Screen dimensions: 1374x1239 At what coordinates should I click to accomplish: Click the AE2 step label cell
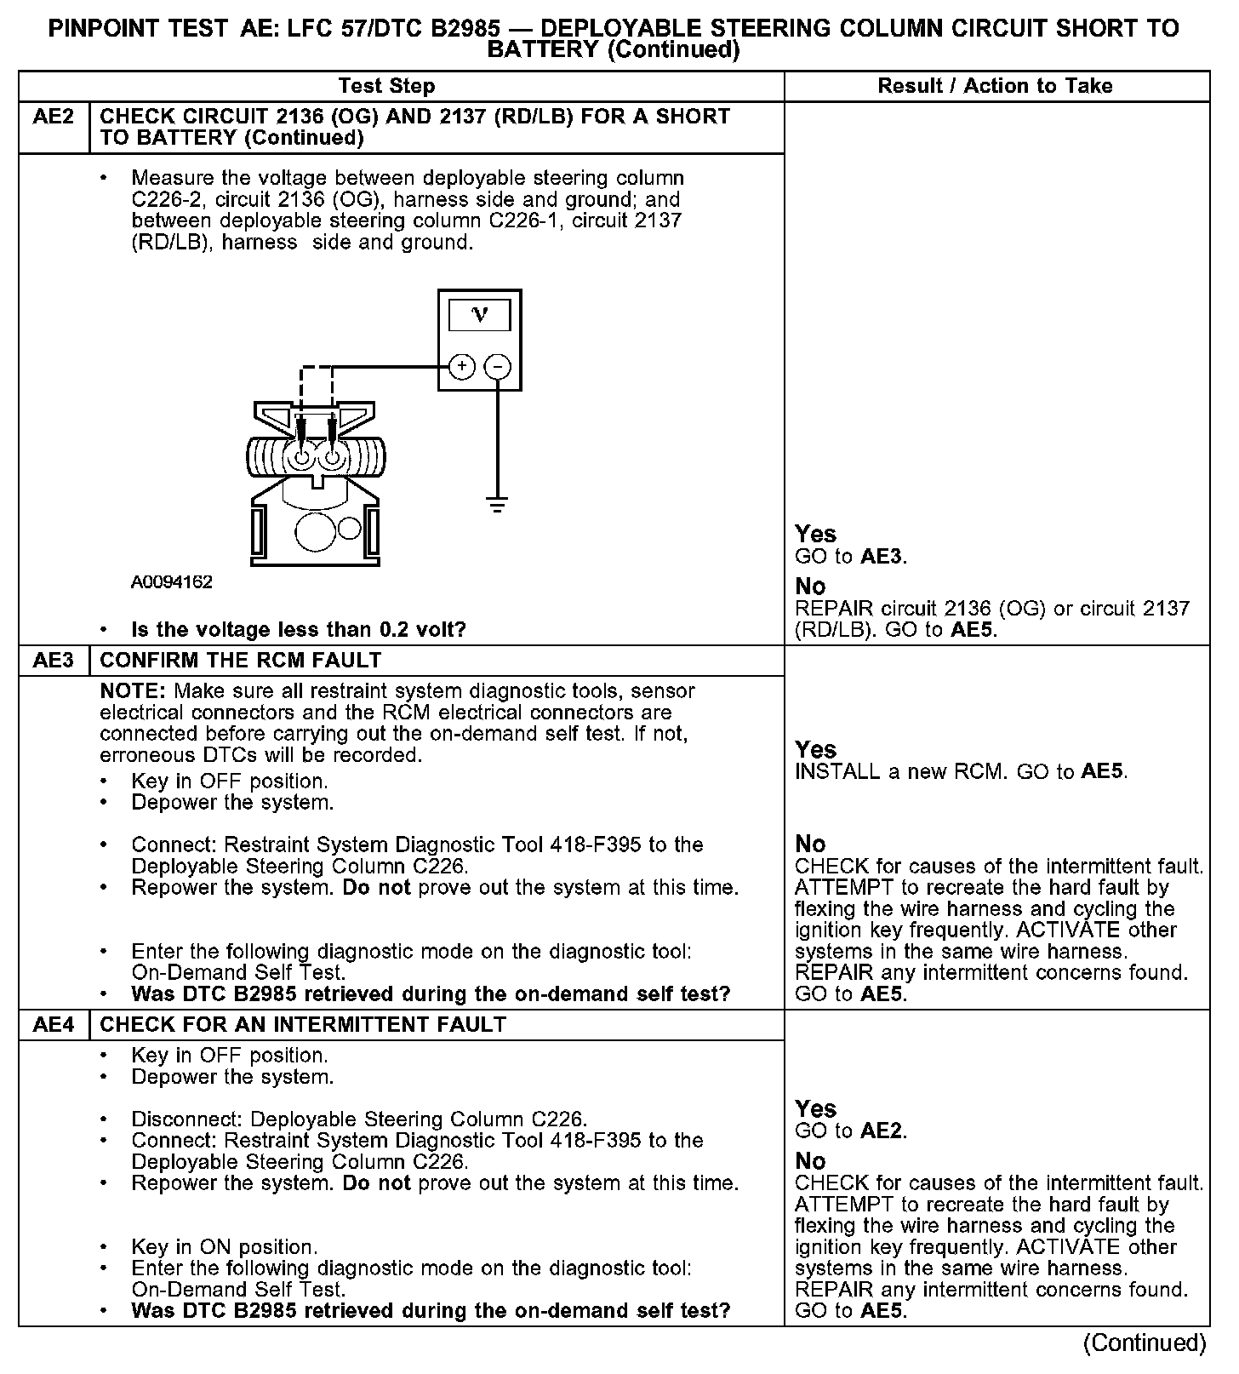coord(54,117)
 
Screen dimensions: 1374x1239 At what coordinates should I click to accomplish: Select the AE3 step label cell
coord(54,661)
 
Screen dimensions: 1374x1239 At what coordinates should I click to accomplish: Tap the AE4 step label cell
coord(54,1025)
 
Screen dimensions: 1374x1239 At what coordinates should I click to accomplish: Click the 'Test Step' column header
coord(386,86)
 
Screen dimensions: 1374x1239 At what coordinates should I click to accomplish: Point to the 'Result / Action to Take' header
coord(995,86)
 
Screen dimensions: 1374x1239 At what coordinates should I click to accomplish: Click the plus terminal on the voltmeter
coord(461,367)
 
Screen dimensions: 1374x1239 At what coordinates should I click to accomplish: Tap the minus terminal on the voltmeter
coord(498,367)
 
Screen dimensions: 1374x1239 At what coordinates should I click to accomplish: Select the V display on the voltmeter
coord(479,316)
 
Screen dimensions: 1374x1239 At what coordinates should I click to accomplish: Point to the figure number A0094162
coord(171,582)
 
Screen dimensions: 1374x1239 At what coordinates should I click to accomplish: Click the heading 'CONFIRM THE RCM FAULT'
coord(241,661)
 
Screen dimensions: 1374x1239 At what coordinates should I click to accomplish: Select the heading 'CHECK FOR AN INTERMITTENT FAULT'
coord(303,1025)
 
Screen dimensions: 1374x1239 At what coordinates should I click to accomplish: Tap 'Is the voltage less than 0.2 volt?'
coord(299,630)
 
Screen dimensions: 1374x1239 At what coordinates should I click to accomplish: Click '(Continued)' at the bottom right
coord(1144,1343)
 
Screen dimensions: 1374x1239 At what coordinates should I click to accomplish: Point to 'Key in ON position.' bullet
coord(225,1247)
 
